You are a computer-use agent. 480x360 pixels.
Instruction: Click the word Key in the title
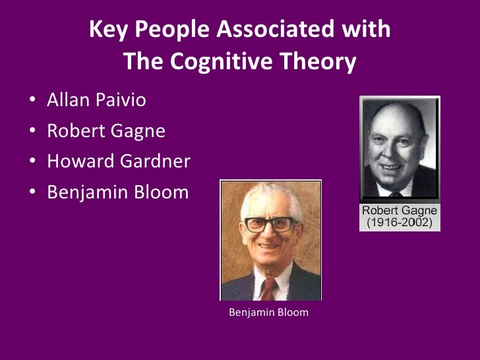[x=105, y=30]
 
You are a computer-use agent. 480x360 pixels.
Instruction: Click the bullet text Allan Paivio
[x=96, y=101]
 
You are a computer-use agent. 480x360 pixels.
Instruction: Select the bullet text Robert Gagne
[x=105, y=131]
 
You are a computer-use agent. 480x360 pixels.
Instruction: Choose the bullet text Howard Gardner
[x=119, y=162]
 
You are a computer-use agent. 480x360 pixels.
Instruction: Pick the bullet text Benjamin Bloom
[x=117, y=193]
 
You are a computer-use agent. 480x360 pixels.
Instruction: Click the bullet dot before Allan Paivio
[x=32, y=102]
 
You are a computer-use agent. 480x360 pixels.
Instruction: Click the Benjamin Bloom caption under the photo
[x=268, y=312]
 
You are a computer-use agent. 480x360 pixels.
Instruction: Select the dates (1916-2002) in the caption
[x=400, y=223]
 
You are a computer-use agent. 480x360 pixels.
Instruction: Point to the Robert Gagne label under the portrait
[x=400, y=211]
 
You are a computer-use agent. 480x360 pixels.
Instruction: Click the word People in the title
[x=165, y=30]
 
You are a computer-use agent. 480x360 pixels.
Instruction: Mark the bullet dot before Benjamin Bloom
[x=32, y=194]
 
